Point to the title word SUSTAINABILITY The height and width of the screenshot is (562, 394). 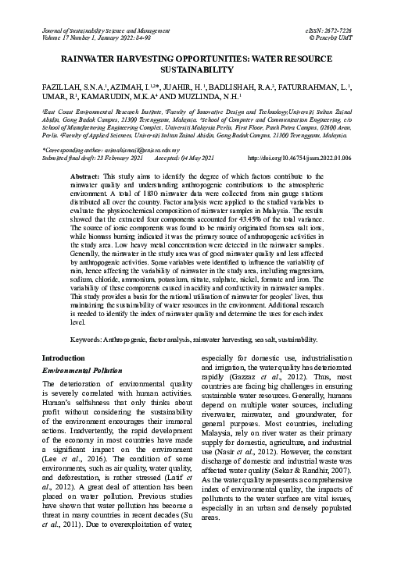click(x=197, y=69)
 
